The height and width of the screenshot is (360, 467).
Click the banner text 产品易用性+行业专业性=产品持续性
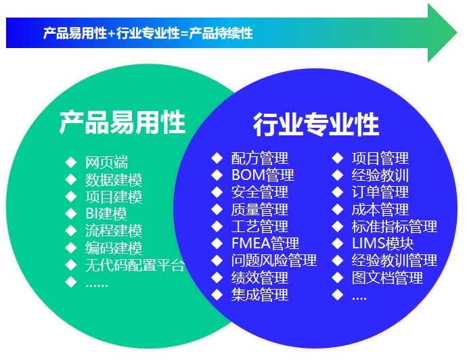coord(148,33)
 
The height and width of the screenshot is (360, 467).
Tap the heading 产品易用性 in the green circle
coord(122,122)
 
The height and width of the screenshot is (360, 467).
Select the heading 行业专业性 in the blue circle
coord(316,125)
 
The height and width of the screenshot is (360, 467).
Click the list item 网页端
coord(106,162)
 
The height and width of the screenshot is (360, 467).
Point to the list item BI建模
coord(106,214)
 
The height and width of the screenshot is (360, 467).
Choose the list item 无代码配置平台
coord(135,265)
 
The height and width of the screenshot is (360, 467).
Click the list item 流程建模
coord(114,231)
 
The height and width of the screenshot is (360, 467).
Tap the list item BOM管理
coord(263,175)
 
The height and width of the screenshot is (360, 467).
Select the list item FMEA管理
coord(265,244)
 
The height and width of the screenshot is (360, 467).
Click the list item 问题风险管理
coord(273,261)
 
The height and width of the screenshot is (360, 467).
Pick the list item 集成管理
coord(260,295)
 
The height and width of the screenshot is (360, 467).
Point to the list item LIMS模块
coord(382,244)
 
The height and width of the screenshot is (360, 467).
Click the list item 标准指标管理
coord(395,226)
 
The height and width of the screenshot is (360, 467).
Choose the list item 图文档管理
coord(387,277)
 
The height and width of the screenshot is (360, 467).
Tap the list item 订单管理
coord(380,192)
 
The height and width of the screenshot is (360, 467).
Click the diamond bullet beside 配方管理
coord(217,158)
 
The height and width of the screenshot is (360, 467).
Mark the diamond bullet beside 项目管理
coord(338,158)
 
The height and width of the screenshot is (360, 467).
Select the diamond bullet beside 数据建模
coord(71,179)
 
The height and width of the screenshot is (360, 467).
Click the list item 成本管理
coord(380,209)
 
